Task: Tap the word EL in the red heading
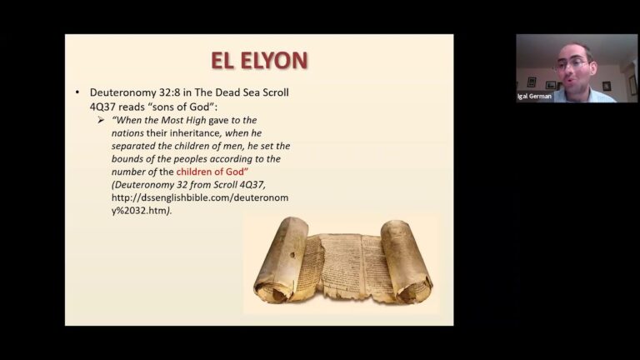(x=223, y=60)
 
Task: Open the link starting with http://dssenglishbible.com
(x=200, y=197)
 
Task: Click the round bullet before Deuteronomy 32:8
(x=77, y=92)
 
